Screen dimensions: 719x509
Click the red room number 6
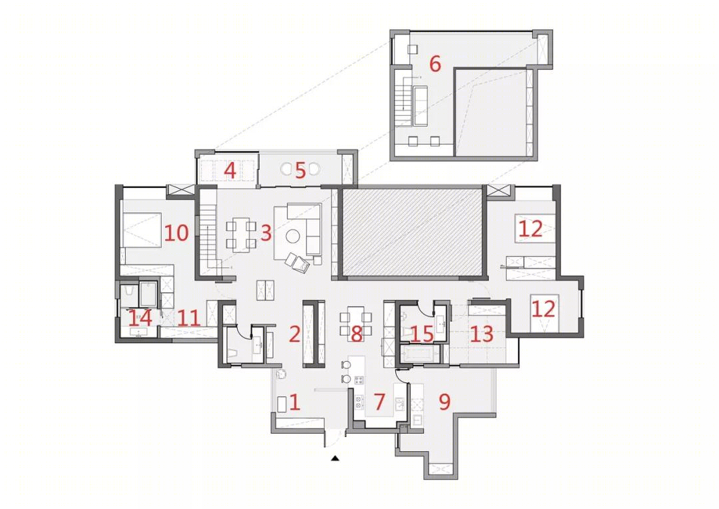435,63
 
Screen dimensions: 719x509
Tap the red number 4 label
230,171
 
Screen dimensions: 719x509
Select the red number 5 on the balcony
300,171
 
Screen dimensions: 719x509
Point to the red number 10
176,233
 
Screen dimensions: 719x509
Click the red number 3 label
266,233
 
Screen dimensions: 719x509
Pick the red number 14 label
140,318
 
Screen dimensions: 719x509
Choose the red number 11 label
189,318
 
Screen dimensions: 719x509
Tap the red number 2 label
294,334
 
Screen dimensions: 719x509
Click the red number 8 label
357,334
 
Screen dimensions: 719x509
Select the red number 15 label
422,334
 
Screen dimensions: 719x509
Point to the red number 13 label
481,334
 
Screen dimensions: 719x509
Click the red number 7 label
379,402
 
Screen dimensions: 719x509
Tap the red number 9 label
444,402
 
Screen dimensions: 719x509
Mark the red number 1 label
294,402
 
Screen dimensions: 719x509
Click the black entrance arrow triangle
336,458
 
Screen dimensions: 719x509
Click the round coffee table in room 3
292,236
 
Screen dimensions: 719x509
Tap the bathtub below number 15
419,354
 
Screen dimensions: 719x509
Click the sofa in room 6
421,106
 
